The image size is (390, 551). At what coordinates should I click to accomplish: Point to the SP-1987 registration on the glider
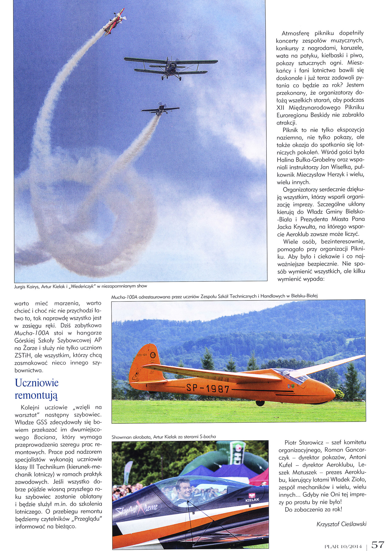click(x=208, y=389)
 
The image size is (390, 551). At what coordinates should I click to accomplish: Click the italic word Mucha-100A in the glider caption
click(x=123, y=296)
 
